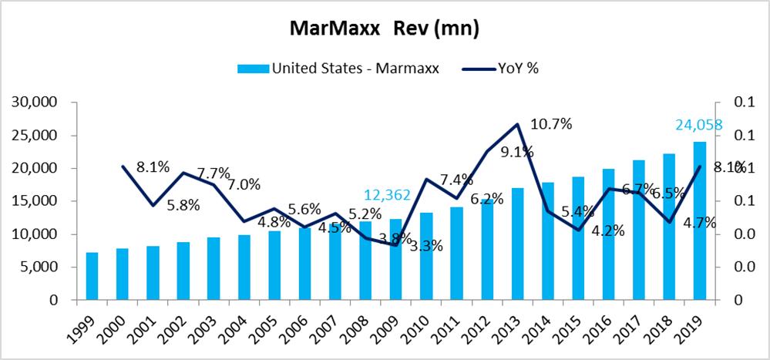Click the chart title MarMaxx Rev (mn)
click(385, 29)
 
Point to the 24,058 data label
click(698, 124)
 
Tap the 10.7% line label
click(550, 125)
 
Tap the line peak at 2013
click(517, 124)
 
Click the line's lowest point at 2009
click(396, 245)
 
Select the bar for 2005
click(274, 265)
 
